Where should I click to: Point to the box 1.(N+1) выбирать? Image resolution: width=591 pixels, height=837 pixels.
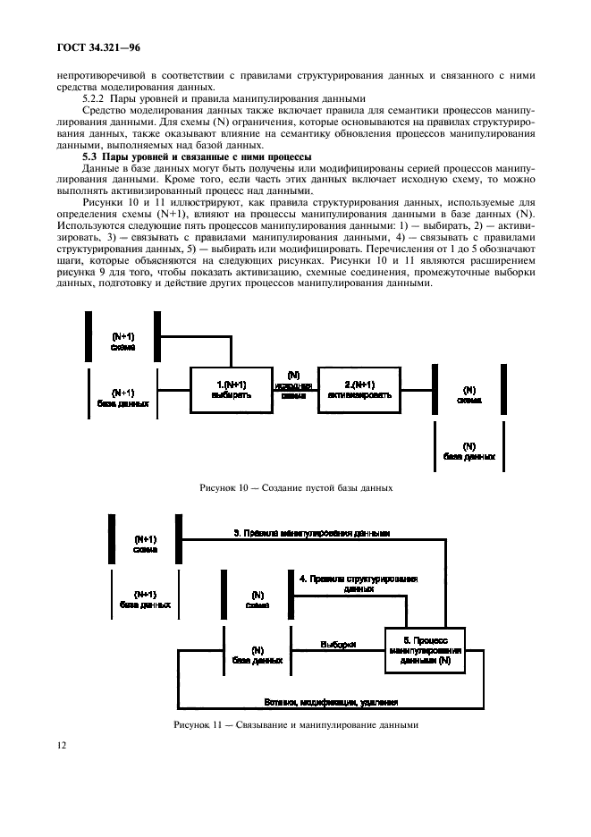(x=232, y=387)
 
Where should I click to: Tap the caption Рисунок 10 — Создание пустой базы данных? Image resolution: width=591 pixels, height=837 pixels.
(x=296, y=487)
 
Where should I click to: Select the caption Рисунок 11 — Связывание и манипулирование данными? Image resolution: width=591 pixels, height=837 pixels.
(x=295, y=723)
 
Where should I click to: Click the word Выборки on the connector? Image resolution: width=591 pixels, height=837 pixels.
(x=339, y=644)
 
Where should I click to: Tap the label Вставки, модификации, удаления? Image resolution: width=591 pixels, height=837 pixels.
(x=331, y=702)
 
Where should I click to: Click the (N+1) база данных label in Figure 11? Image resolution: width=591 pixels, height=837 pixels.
(x=144, y=600)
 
